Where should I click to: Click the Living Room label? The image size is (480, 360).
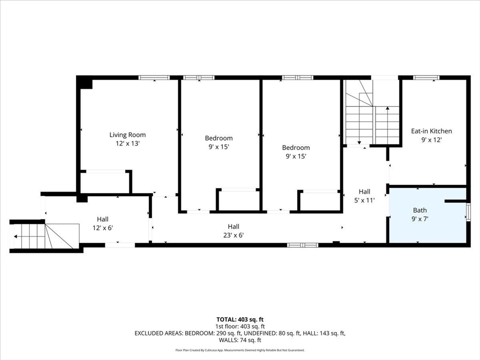click(x=127, y=135)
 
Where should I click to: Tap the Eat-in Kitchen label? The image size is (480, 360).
click(x=431, y=131)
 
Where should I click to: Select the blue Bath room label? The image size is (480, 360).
click(x=420, y=210)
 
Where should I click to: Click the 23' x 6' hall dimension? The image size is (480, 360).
click(x=233, y=235)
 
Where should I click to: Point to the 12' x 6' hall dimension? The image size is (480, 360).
click(x=103, y=228)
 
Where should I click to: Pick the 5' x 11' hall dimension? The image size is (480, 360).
click(x=364, y=200)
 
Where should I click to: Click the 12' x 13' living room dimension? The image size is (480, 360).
click(x=127, y=143)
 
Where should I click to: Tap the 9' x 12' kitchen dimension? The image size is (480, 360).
click(x=431, y=140)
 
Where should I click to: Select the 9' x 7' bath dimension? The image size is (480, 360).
click(x=420, y=219)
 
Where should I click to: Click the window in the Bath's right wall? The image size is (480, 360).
click(x=468, y=212)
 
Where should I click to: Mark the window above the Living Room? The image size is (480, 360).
click(x=154, y=78)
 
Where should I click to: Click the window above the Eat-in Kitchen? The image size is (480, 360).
click(x=426, y=78)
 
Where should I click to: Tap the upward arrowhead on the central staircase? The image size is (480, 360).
click(x=388, y=108)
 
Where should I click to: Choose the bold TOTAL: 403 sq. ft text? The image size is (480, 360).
click(x=240, y=320)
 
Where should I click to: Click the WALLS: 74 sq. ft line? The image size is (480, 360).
click(x=240, y=340)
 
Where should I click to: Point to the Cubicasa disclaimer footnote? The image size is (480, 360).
click(x=240, y=350)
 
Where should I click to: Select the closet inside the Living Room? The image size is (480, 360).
click(x=105, y=183)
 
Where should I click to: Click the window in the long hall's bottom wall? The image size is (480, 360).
click(x=302, y=245)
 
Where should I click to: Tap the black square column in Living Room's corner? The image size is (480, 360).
click(x=84, y=82)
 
